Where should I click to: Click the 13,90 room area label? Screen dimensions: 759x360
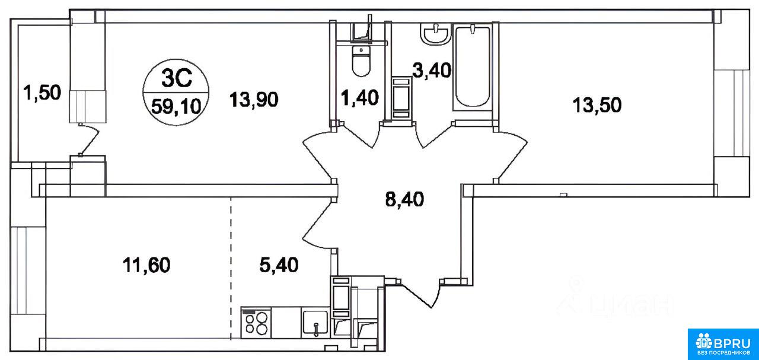[x=254, y=100]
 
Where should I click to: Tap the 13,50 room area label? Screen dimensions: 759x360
[x=597, y=105]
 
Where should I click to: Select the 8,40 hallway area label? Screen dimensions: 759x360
[x=404, y=199]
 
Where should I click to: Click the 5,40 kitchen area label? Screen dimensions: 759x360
[x=279, y=265]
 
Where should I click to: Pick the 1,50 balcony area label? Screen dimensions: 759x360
[x=42, y=93]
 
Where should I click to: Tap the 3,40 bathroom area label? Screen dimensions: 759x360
[x=432, y=71]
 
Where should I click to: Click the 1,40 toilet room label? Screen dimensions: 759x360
[x=359, y=98]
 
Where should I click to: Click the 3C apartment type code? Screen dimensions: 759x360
[x=177, y=79]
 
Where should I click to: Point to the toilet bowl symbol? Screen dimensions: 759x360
[x=361, y=60]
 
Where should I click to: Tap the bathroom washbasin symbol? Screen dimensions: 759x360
[x=435, y=34]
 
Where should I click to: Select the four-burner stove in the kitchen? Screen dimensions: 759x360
[x=256, y=323]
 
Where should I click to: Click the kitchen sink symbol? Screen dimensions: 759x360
[x=315, y=323]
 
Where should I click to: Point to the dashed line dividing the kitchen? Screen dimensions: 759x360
[x=231, y=269]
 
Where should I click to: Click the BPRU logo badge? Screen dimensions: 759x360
[x=723, y=345]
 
